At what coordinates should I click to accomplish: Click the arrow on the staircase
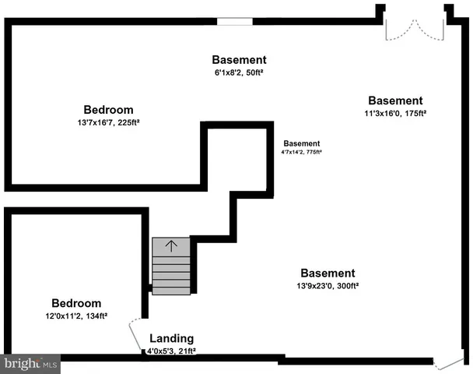click(x=170, y=246)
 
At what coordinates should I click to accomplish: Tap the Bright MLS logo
click(x=31, y=363)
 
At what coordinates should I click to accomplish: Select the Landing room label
click(x=172, y=339)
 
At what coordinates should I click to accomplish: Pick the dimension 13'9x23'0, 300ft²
click(x=328, y=286)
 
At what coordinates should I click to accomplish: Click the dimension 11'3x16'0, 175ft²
click(x=395, y=113)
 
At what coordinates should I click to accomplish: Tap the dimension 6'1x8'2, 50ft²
click(x=240, y=72)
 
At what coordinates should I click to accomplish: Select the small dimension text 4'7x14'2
click(x=301, y=153)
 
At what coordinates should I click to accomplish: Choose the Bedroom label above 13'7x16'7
click(x=109, y=110)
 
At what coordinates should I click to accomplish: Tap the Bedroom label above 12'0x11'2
click(x=76, y=303)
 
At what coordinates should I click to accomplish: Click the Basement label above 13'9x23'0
click(x=328, y=273)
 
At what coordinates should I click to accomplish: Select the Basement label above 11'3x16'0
click(x=395, y=101)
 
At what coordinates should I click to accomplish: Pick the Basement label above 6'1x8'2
click(x=240, y=60)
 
